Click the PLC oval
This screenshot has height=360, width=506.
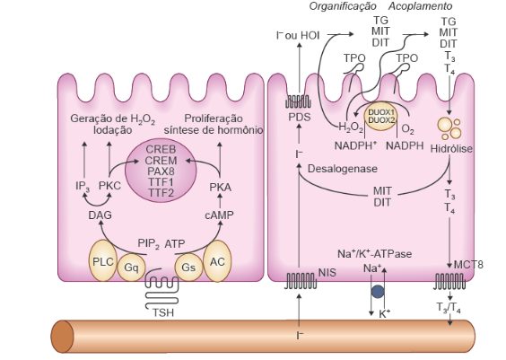(103, 260)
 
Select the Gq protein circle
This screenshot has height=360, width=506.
(131, 268)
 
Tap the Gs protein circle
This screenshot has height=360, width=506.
(188, 268)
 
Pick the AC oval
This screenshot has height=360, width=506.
(217, 261)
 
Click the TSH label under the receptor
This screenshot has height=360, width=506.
(163, 312)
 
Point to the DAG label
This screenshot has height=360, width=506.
(100, 215)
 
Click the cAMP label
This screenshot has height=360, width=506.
(220, 215)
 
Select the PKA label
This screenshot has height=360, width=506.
(221, 188)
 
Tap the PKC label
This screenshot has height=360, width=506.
(109, 186)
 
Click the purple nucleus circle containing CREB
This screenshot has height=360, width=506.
(161, 171)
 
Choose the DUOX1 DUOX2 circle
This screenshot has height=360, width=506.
(380, 117)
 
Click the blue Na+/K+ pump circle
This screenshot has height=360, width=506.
(378, 292)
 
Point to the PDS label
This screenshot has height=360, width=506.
(300, 118)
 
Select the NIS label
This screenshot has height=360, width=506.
(327, 273)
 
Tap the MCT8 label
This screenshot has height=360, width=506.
(468, 265)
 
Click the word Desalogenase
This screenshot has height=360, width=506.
(343, 169)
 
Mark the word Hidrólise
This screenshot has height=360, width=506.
(451, 148)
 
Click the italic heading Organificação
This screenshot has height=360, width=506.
(343, 6)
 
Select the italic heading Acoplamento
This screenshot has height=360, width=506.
(420, 6)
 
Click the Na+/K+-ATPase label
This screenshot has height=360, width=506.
(375, 254)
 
